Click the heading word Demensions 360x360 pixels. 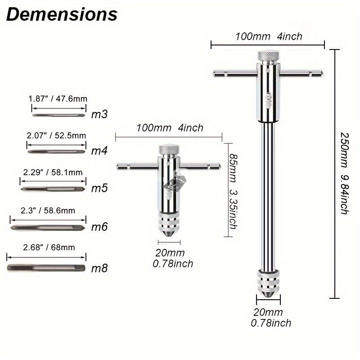coord(62,14)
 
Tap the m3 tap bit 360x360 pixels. coord(59,115)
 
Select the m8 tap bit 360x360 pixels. coord(46,267)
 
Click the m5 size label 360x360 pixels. coord(99,188)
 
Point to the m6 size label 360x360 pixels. coord(99,227)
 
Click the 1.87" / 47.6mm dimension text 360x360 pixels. coord(58,99)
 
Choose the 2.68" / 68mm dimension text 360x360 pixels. coord(49,247)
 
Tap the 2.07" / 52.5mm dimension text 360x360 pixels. coord(56,135)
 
